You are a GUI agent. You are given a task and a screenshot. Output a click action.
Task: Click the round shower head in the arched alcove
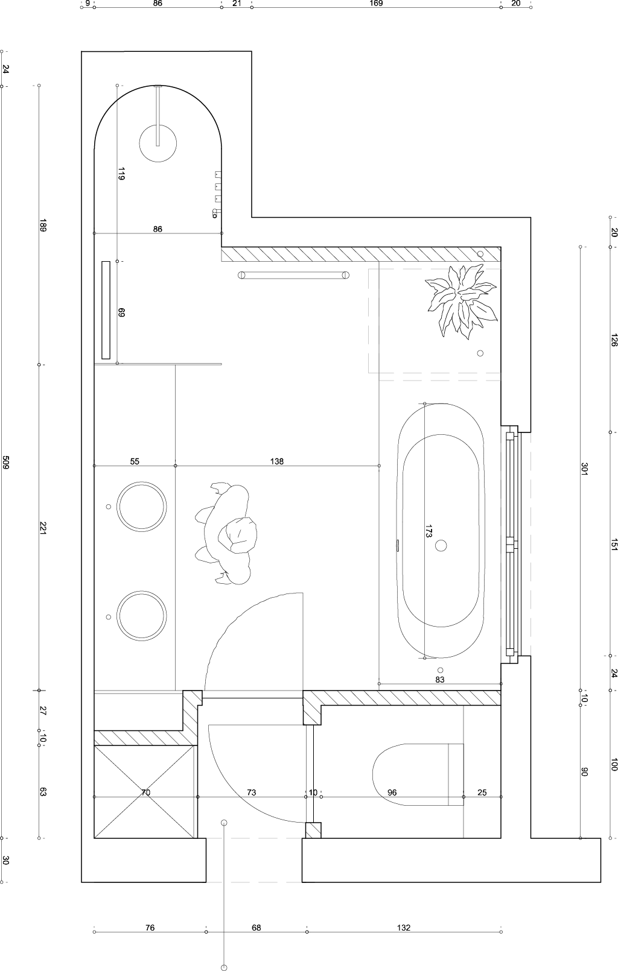point(158,144)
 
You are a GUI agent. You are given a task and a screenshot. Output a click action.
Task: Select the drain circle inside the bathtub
point(441,545)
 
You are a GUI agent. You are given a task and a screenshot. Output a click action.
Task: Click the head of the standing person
point(238,534)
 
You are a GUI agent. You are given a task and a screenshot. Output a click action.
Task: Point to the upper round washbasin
point(142,506)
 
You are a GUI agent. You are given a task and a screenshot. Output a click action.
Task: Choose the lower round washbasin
point(142,616)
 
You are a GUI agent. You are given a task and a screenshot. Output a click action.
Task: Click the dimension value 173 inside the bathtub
point(428,531)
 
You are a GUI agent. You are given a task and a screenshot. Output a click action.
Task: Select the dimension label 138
point(276,461)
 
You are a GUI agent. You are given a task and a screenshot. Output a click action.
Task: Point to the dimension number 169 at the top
point(376,4)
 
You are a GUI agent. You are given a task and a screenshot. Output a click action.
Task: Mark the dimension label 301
point(584,469)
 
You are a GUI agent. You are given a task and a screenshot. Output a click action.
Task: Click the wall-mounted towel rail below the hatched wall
point(293,275)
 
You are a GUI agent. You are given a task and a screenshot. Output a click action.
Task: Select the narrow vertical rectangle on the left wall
point(106,310)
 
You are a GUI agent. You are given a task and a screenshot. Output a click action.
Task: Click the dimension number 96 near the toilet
point(392,792)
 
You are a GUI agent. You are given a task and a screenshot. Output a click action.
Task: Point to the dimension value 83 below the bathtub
point(440,680)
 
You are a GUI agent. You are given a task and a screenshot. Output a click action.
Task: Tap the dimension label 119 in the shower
point(121,174)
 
